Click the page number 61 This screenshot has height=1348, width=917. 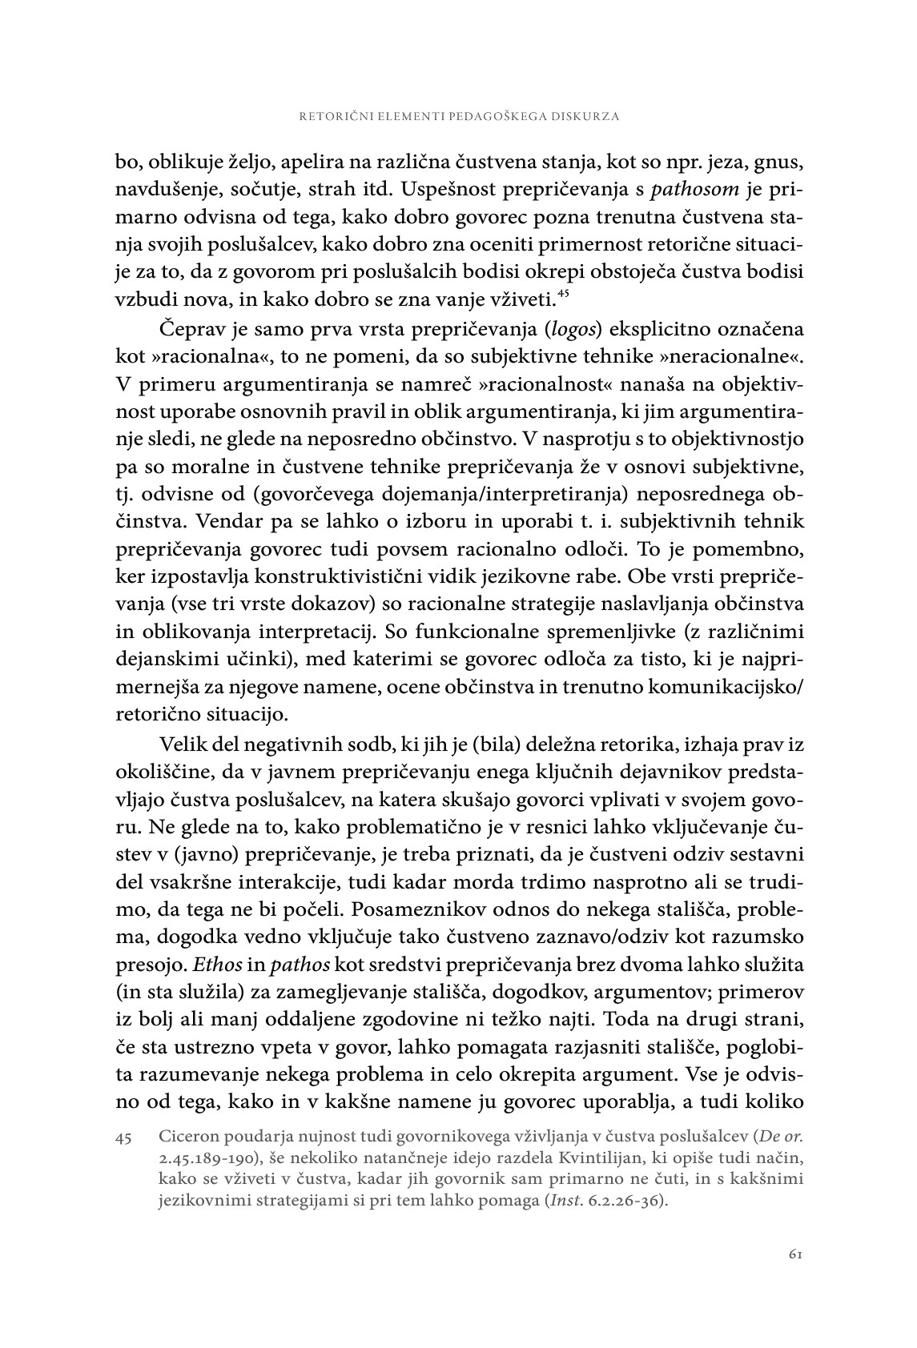tap(795, 1254)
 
